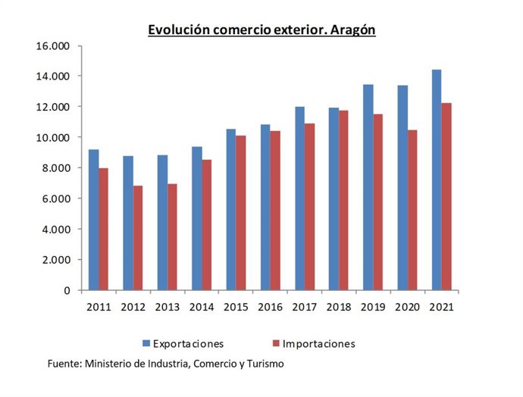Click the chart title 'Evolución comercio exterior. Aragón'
point(261,30)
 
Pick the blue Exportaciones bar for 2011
point(93,220)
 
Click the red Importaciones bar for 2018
point(343,200)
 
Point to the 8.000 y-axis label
point(55,168)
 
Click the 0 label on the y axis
point(66,290)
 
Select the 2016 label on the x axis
point(271,307)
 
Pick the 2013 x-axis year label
point(168,307)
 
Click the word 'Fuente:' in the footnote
point(65,364)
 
